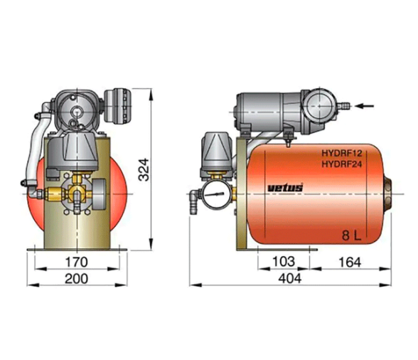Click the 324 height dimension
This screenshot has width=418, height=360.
point(144,169)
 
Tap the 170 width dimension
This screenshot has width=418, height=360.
point(77,262)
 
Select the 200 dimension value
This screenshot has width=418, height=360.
point(76,279)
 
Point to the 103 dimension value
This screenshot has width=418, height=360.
point(284,262)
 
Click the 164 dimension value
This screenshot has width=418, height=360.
point(350,263)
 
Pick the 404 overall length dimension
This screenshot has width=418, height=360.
point(290,279)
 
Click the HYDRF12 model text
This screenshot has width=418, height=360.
point(342,153)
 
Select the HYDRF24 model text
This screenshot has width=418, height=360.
point(342,164)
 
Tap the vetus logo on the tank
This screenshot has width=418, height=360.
point(285,188)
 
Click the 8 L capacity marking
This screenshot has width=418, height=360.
point(352,235)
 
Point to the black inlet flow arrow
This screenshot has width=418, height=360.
point(365,106)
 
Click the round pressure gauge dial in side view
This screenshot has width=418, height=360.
point(216,194)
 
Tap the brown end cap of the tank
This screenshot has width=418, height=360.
point(387,194)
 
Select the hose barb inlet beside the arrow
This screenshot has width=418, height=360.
point(344,106)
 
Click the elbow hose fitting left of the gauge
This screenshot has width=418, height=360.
point(195,200)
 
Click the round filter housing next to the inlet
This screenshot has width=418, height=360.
point(319,106)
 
